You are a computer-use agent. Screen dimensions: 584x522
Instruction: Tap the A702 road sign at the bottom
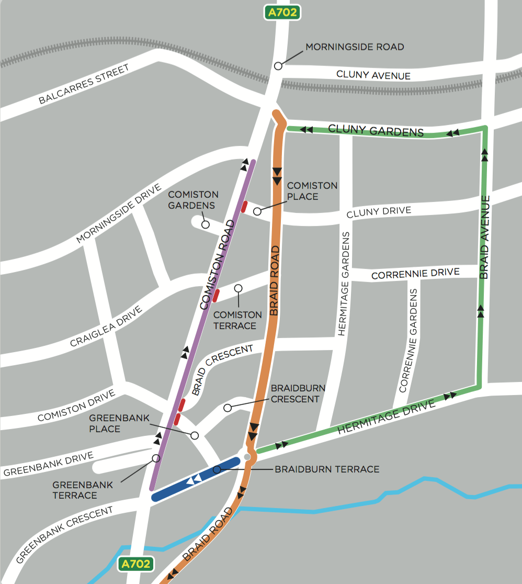click(137, 564)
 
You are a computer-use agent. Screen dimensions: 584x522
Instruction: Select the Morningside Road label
click(355, 47)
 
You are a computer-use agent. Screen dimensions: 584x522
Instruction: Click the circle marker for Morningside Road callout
click(278, 66)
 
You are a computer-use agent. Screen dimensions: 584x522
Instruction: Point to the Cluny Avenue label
click(373, 75)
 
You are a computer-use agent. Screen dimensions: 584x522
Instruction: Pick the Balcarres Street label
click(84, 85)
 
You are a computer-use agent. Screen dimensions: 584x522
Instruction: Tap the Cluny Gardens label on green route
click(376, 130)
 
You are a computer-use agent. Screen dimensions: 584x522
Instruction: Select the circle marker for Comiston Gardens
click(206, 224)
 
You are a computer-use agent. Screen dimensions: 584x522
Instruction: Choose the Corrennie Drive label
click(415, 274)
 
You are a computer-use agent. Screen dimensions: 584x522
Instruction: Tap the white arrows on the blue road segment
click(195, 478)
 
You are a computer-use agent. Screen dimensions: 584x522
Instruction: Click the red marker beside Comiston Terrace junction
click(215, 296)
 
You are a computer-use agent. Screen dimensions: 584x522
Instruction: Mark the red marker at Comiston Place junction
click(244, 206)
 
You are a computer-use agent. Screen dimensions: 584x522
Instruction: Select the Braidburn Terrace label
click(327, 469)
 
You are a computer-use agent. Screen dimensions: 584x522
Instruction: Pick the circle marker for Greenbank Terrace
click(155, 458)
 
